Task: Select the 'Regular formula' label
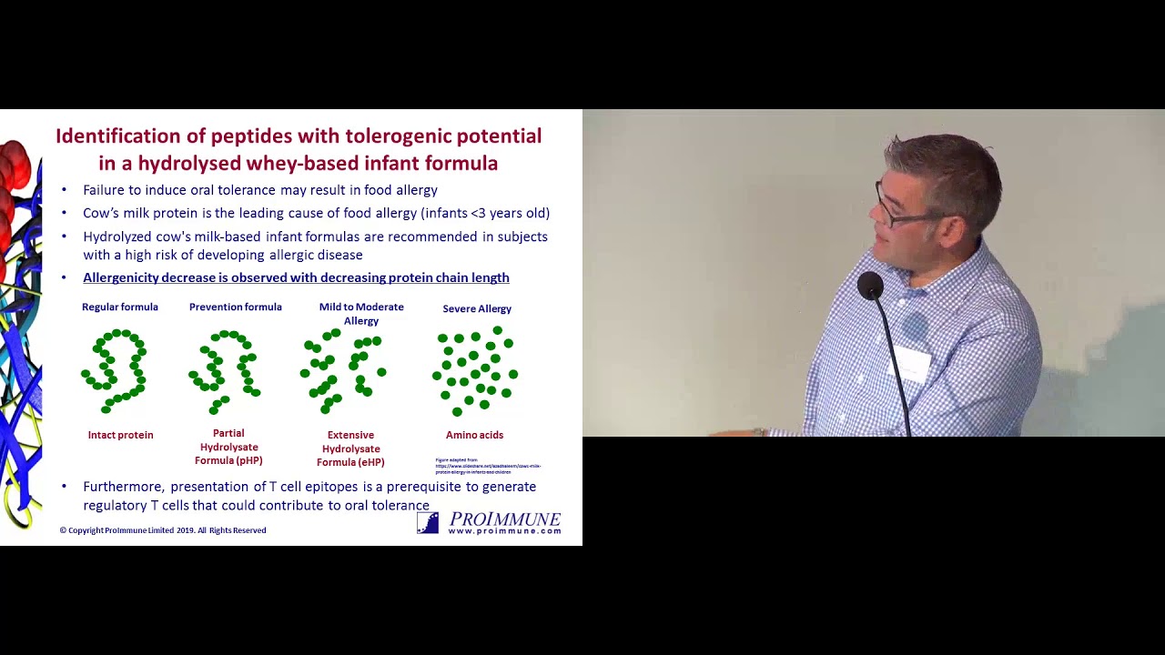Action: pyautogui.click(x=120, y=307)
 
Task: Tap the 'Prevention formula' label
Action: pyautogui.click(x=235, y=307)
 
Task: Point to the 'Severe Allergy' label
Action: pyautogui.click(x=477, y=309)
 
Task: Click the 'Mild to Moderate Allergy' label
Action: pyautogui.click(x=361, y=314)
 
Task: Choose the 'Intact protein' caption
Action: pyautogui.click(x=120, y=436)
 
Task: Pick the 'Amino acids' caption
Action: pyautogui.click(x=474, y=436)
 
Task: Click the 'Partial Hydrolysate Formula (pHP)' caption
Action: pyautogui.click(x=228, y=448)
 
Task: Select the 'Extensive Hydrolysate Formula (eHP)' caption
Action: pyautogui.click(x=350, y=449)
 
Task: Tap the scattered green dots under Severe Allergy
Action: pyautogui.click(x=475, y=371)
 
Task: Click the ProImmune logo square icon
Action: pyautogui.click(x=428, y=522)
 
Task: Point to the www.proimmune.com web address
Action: pyautogui.click(x=504, y=531)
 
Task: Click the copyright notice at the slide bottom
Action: pyautogui.click(x=163, y=530)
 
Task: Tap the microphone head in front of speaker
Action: pyautogui.click(x=870, y=286)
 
